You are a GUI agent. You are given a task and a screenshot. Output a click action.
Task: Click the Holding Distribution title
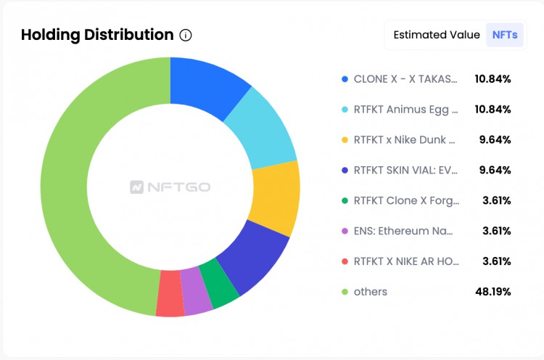click(x=97, y=35)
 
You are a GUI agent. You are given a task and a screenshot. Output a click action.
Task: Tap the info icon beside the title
click(x=186, y=35)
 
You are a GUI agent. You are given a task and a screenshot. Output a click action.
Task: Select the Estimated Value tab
click(x=436, y=35)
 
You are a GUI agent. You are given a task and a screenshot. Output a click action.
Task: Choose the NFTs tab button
click(x=505, y=35)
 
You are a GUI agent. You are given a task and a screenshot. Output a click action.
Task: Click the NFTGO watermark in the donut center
click(x=170, y=187)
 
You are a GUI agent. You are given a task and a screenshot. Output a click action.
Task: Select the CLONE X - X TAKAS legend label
click(x=405, y=78)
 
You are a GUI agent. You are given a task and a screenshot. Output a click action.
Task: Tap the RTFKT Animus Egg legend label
click(x=405, y=109)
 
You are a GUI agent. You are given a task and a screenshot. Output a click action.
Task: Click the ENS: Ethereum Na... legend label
click(x=403, y=231)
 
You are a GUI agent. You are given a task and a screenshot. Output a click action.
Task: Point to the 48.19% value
click(x=493, y=292)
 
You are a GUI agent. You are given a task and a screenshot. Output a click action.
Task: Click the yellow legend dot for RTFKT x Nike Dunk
click(x=344, y=139)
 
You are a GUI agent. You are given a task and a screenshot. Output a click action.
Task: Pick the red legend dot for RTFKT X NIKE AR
click(x=344, y=261)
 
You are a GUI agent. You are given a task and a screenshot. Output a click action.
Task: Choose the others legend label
click(x=370, y=292)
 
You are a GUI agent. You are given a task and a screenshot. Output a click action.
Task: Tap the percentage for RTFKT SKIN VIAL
click(x=495, y=170)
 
